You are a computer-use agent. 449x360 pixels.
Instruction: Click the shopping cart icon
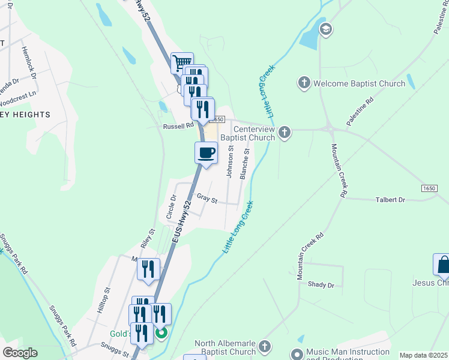pos(181,62)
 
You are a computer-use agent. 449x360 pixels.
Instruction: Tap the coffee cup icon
pos(206,152)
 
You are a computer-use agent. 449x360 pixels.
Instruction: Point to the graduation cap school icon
pos(326,29)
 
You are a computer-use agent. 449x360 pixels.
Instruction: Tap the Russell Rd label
pos(179,127)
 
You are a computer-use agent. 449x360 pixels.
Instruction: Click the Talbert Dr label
pos(390,199)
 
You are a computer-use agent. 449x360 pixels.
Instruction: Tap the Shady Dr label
pos(321,284)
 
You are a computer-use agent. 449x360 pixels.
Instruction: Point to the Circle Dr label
pos(172,206)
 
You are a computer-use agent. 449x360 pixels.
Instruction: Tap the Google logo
pos(20,353)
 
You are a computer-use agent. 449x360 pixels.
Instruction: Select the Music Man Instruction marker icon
pos(297,354)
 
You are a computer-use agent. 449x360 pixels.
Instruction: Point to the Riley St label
pos(148,239)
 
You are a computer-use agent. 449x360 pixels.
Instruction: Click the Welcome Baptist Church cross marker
pos(304,83)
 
